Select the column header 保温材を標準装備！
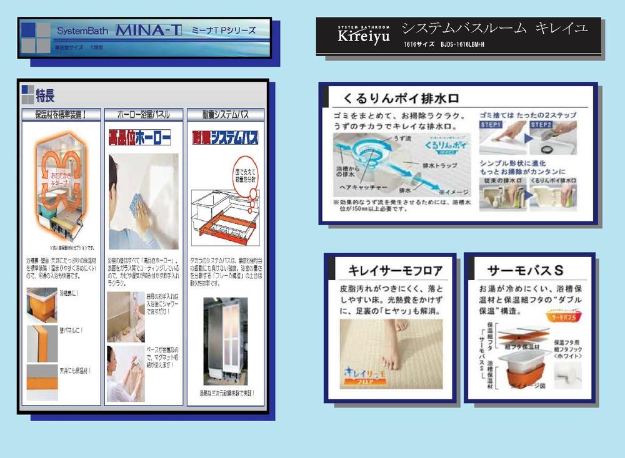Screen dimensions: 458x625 click(x=61, y=114)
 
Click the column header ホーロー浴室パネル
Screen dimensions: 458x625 click(x=143, y=114)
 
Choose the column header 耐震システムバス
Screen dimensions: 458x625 click(x=225, y=114)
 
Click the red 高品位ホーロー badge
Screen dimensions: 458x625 click(x=140, y=137)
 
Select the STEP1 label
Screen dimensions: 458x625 click(x=491, y=125)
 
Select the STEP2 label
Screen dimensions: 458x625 click(x=541, y=125)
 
